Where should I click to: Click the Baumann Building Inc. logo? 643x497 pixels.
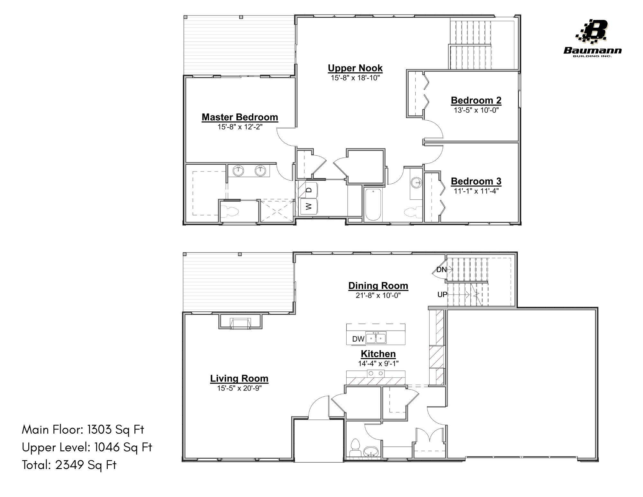(593, 39)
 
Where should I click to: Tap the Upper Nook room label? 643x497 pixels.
(355, 68)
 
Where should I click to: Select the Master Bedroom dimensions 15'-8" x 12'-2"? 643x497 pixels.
(240, 127)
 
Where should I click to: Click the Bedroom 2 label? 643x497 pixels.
(476, 100)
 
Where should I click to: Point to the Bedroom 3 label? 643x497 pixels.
(476, 181)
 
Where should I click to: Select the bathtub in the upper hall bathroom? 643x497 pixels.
(373, 204)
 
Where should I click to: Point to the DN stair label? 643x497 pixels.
(441, 270)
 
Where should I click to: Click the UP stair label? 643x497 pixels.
(442, 294)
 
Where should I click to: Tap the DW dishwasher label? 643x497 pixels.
(358, 339)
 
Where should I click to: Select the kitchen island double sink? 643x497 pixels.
(376, 338)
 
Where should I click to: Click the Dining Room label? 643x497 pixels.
(378, 286)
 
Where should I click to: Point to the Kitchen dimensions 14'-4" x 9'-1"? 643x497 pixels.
(378, 364)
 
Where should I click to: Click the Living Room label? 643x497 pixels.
(239, 379)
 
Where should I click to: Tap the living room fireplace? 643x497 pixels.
(240, 323)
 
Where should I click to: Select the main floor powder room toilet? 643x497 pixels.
(355, 447)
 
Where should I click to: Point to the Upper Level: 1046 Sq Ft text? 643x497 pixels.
(87, 447)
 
